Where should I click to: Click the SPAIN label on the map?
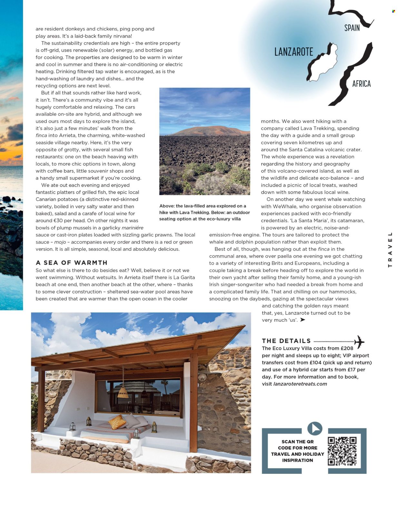pos(352,28)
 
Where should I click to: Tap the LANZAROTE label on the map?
pos(293,52)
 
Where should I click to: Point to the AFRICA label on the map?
pos(361,84)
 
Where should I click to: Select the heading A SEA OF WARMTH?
pos(72,263)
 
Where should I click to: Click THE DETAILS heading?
pos(286,341)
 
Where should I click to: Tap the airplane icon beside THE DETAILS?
pos(359,341)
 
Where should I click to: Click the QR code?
pos(342,451)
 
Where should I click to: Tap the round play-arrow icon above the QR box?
pos(315,429)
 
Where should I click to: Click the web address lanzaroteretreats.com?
pos(300,384)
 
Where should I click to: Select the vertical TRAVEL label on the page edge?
pos(390,250)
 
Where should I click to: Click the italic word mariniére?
pos(133,228)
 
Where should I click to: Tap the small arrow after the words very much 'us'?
pos(302,320)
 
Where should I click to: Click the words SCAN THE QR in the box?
pos(297,442)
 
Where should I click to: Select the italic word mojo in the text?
pos(60,242)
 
